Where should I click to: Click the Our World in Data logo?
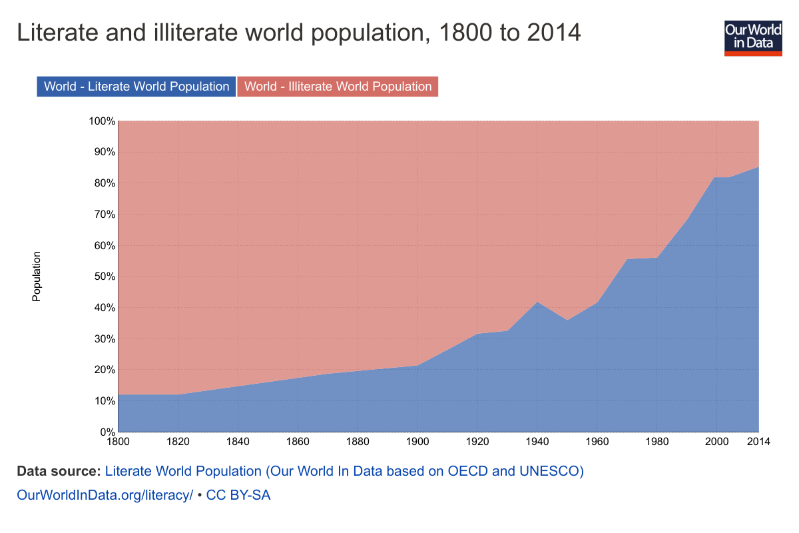coord(753,38)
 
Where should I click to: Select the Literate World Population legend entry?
coord(136,87)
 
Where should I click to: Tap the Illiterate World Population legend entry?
coord(338,87)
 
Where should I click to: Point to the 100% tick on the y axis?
coord(102,121)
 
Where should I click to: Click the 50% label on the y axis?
coord(105,276)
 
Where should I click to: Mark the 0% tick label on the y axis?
coord(108,432)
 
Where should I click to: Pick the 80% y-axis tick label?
coord(105,183)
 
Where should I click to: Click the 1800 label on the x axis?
coord(119,442)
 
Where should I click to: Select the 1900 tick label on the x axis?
coord(417,442)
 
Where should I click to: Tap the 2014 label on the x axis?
coord(758,442)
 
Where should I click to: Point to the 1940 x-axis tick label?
coord(537,442)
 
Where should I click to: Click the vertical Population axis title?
coord(37,276)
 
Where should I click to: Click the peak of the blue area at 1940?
coord(537,302)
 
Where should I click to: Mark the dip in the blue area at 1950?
coord(567,320)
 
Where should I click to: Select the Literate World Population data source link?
coord(344,471)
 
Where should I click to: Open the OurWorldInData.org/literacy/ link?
coord(105,495)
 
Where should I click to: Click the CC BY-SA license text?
coord(238,495)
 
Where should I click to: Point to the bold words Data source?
coord(59,471)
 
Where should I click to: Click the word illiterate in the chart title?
coord(196,33)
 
